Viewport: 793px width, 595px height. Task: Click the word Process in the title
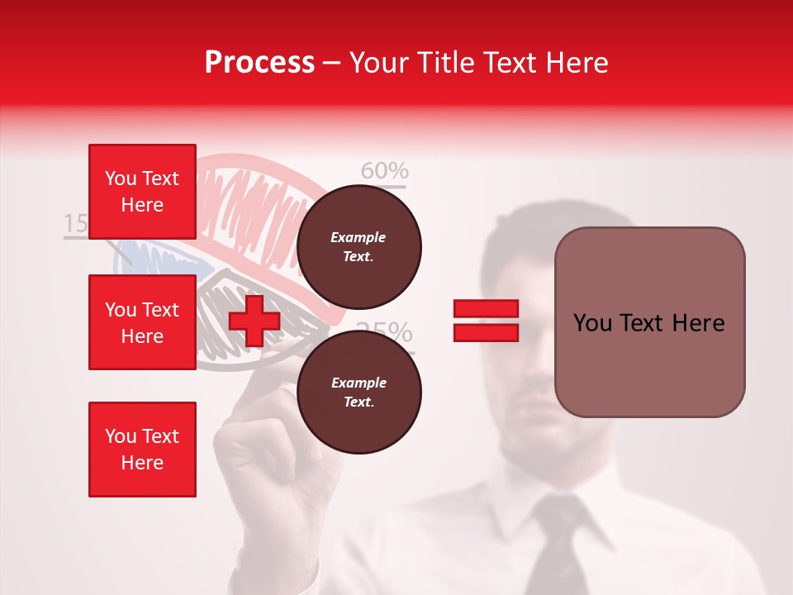tap(259, 62)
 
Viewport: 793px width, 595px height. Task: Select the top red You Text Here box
tap(142, 192)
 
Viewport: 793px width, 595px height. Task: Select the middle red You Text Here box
tap(142, 322)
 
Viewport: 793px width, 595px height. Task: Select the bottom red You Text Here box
tap(142, 449)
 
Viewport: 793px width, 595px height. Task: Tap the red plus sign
tap(254, 321)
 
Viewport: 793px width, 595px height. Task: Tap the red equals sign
tap(486, 321)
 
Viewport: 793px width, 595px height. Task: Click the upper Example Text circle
tap(359, 247)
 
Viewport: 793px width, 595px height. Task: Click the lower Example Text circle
tap(359, 393)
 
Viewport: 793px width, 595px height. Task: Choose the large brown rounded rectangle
tap(649, 322)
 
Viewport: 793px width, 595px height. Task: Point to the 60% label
tap(385, 171)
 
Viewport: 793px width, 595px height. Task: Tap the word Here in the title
tap(574, 63)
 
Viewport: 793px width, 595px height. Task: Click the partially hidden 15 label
tap(75, 223)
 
